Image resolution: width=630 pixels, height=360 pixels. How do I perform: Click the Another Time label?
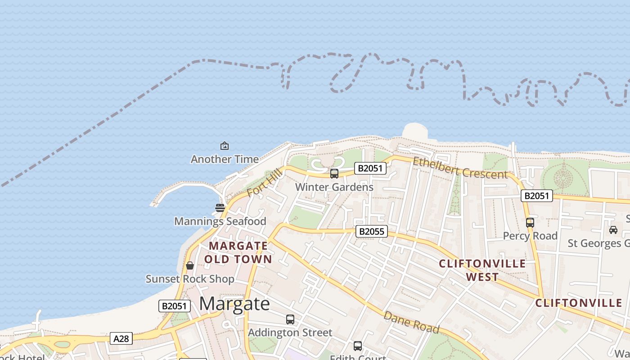pyautogui.click(x=225, y=159)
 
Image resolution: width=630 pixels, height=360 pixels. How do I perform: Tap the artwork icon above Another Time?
pyautogui.click(x=224, y=146)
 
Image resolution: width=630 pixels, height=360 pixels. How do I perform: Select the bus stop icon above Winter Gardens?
pyautogui.click(x=334, y=174)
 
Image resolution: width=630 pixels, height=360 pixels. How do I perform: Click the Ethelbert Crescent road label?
pyautogui.click(x=460, y=168)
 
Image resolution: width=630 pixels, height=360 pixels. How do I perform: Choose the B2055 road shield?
pyautogui.click(x=371, y=231)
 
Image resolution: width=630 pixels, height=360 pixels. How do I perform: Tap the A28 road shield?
pyautogui.click(x=121, y=338)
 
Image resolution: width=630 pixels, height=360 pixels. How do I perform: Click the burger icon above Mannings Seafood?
pyautogui.click(x=220, y=208)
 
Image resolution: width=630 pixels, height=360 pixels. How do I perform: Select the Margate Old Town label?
pyautogui.click(x=238, y=252)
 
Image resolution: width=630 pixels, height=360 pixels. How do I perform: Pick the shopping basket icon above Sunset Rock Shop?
pyautogui.click(x=190, y=265)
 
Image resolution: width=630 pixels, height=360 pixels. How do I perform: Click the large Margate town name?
pyautogui.click(x=234, y=304)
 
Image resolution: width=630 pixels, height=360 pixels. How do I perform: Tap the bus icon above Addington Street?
pyautogui.click(x=290, y=319)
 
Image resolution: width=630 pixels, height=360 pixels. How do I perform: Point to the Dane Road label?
pyautogui.click(x=411, y=322)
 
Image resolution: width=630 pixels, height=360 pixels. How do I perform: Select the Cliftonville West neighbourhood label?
pyautogui.click(x=482, y=270)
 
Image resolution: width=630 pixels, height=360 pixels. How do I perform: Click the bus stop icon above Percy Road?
pyautogui.click(x=530, y=222)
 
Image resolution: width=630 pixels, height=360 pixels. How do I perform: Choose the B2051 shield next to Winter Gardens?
pyautogui.click(x=370, y=168)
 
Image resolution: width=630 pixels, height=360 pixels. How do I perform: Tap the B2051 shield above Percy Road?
pyautogui.click(x=536, y=196)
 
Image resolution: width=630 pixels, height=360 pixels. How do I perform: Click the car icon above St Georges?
pyautogui.click(x=613, y=230)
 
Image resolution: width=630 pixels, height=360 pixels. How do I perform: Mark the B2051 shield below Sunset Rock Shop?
pyautogui.click(x=175, y=306)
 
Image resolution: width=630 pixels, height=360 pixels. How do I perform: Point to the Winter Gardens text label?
pyautogui.click(x=334, y=187)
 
